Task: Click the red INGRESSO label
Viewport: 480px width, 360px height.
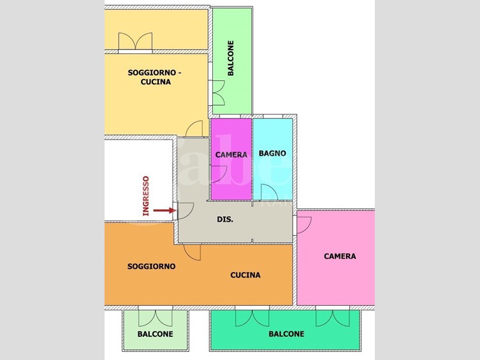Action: pos(146,196)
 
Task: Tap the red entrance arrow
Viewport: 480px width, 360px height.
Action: pos(164,210)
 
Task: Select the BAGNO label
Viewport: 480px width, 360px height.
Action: pos(272,153)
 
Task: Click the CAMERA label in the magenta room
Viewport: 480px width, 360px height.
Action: pos(231,155)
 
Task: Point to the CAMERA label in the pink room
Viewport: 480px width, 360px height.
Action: pos(340,256)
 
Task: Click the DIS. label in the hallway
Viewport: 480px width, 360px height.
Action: pos(225,219)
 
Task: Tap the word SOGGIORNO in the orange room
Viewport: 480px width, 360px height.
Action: pos(152,266)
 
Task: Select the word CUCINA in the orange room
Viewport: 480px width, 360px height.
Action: pos(245,275)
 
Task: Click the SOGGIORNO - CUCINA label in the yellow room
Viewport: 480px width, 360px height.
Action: pos(154,77)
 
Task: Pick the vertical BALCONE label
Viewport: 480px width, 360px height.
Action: pos(231,58)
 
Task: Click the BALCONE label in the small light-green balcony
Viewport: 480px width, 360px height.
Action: pos(155,334)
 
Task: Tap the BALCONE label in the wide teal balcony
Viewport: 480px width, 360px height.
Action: pos(286,334)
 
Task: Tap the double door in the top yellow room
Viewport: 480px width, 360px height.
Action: pos(135,41)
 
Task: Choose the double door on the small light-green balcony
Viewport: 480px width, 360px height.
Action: pos(155,318)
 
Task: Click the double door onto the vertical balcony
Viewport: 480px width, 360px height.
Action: pos(219,93)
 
